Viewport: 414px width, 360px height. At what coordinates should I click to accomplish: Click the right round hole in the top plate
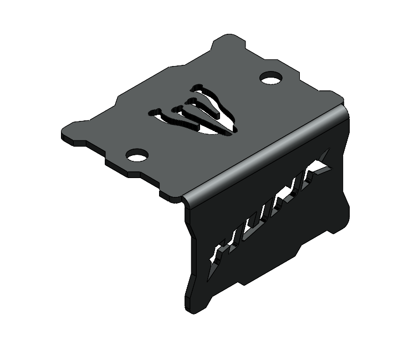pos(270,79)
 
